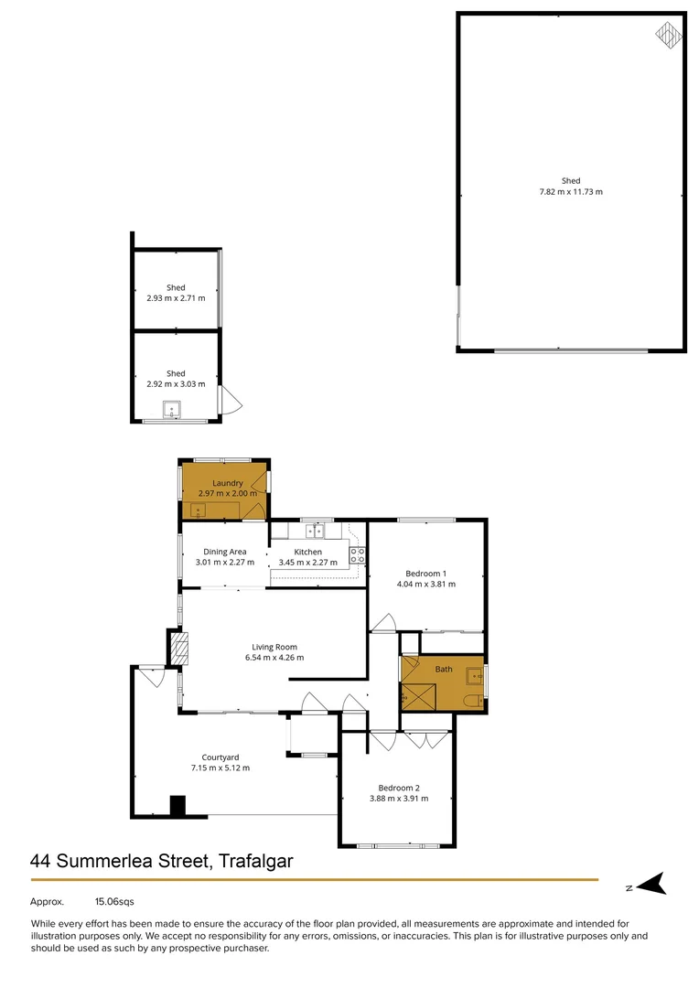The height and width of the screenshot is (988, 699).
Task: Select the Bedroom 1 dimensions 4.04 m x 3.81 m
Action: (425, 584)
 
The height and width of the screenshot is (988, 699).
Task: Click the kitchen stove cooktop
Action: (357, 553)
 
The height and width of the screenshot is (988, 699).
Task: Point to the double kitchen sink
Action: (316, 529)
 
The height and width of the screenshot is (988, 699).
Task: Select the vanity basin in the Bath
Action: (473, 676)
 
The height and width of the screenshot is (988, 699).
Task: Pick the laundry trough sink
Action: (199, 510)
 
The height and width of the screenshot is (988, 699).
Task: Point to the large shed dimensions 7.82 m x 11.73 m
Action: (571, 192)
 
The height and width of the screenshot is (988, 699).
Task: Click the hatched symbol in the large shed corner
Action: (669, 36)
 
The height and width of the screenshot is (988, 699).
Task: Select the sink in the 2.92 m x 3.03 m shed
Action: (171, 411)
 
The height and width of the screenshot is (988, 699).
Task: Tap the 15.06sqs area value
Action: (114, 902)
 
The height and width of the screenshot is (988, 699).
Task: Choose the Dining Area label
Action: (224, 552)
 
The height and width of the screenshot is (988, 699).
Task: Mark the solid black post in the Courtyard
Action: (177, 806)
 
